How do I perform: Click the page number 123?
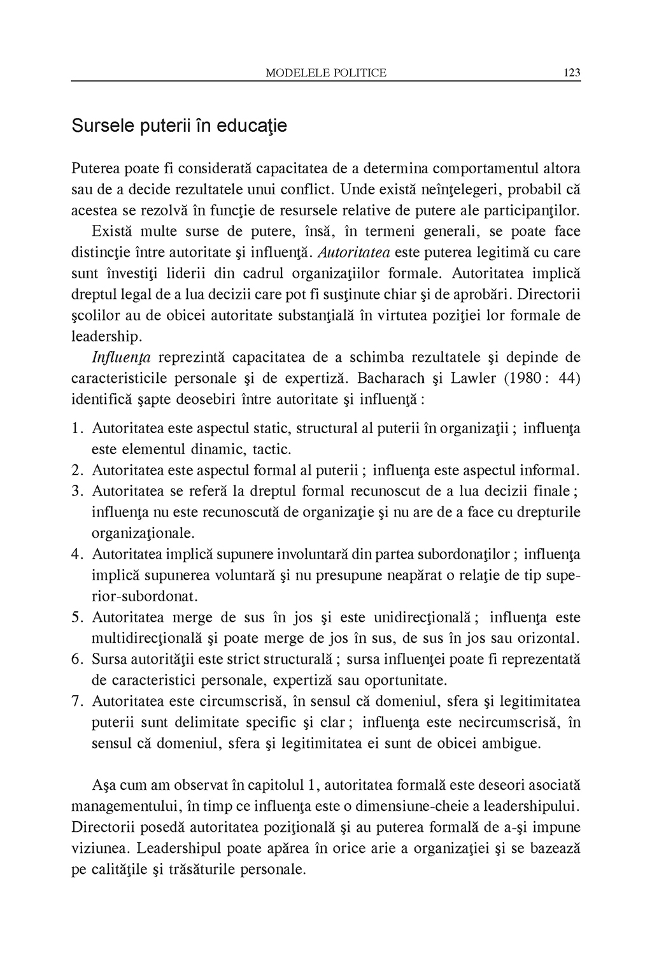[x=572, y=73]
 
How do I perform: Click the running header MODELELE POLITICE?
[x=325, y=73]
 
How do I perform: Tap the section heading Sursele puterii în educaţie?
[x=179, y=125]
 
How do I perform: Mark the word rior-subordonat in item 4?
[x=145, y=596]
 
